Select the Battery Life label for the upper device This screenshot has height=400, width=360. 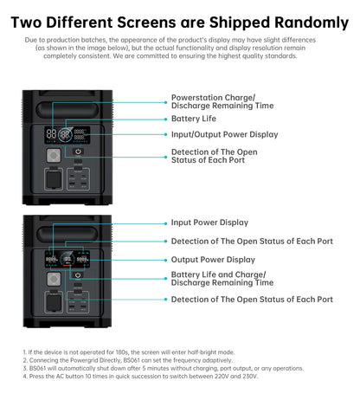pos(193,118)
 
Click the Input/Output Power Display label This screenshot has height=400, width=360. pos(224,134)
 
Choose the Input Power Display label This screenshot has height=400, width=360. pos(209,223)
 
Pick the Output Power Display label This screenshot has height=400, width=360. pos(213,259)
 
